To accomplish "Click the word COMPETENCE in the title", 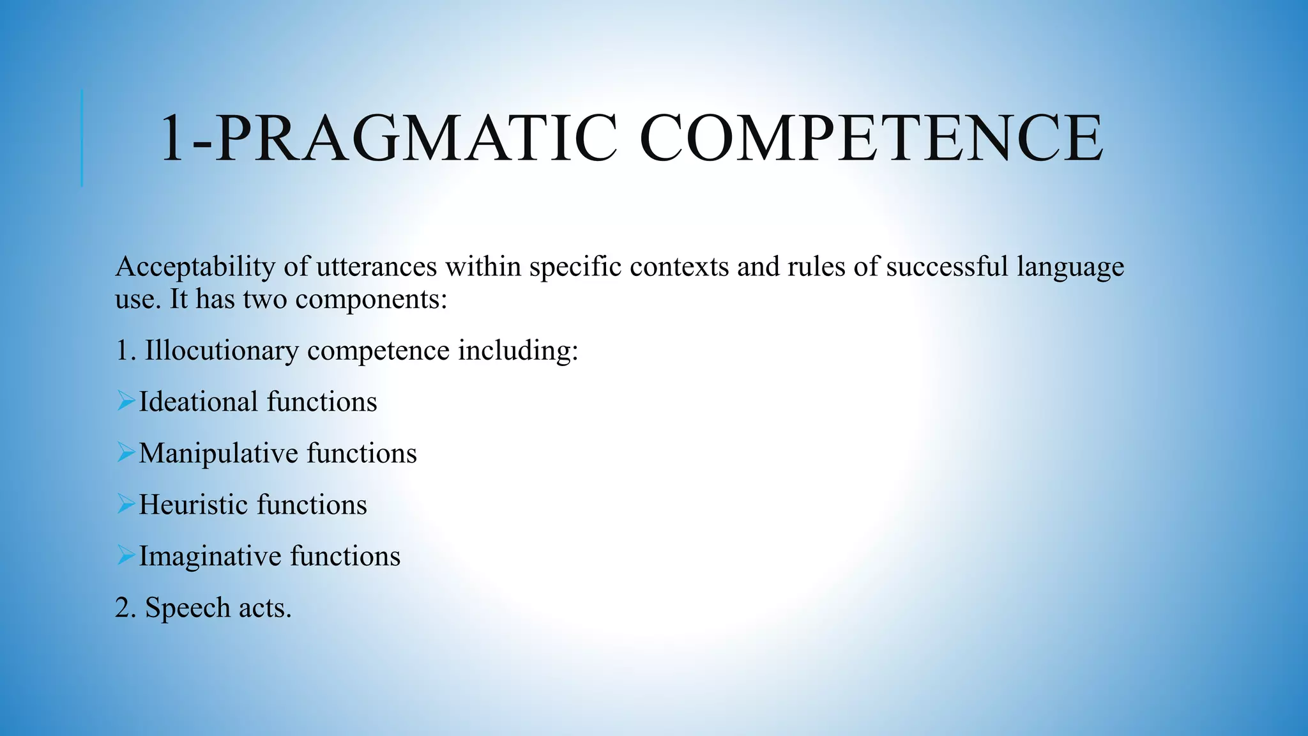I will [x=871, y=139].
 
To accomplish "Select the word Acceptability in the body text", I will [x=195, y=267].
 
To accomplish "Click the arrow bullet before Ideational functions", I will [x=126, y=401].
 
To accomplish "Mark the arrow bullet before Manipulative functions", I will [x=126, y=453].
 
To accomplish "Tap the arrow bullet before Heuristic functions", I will [x=126, y=504].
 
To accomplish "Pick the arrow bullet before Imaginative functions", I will [x=126, y=556].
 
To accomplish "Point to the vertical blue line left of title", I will [x=82, y=138].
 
